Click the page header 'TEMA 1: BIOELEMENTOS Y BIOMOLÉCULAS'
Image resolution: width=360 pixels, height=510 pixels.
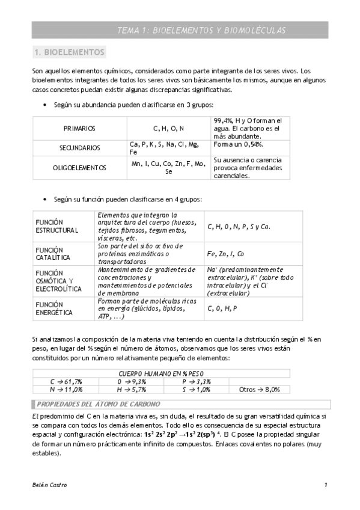pos(201,30)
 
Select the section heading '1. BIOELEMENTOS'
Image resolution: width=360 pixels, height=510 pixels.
pos(70,52)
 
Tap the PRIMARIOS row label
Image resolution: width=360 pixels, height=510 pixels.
pos(79,129)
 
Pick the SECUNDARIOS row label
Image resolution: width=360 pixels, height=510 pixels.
pos(79,148)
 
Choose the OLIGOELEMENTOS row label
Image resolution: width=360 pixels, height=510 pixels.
pos(79,168)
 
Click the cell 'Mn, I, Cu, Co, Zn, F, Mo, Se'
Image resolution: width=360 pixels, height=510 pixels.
pos(169,167)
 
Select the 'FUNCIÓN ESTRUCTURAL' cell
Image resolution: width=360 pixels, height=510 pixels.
pos(57,226)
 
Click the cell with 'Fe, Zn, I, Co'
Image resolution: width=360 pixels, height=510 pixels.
pos(225,254)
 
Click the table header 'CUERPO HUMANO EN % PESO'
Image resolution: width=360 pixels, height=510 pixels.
pos(161,373)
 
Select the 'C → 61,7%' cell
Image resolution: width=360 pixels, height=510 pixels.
pos(66,381)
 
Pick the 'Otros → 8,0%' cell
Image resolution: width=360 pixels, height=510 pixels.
pos(259,390)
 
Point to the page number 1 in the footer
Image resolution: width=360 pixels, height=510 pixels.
pos(325,485)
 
